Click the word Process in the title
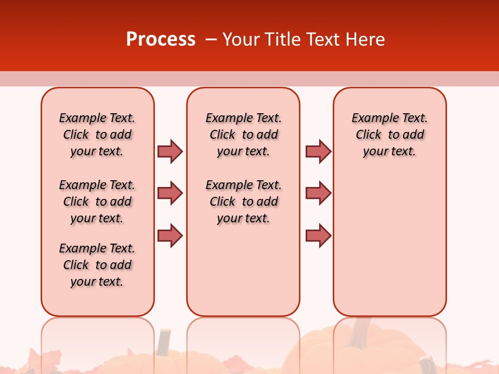pyautogui.click(x=161, y=39)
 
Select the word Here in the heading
pyautogui.click(x=364, y=39)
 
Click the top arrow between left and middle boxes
pyautogui.click(x=170, y=151)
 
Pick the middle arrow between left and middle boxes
pyautogui.click(x=170, y=193)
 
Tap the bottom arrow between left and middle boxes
pyautogui.click(x=170, y=235)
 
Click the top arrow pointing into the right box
pyautogui.click(x=318, y=151)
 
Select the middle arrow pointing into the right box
pyautogui.click(x=318, y=193)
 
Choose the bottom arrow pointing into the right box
pyautogui.click(x=318, y=235)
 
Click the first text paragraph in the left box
pyautogui.click(x=97, y=135)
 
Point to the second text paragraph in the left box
pyautogui.click(x=97, y=202)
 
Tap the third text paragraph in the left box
pyautogui.click(x=97, y=265)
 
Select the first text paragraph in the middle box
pyautogui.click(x=244, y=135)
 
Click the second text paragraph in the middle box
pyautogui.click(x=244, y=202)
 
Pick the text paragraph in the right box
pyautogui.click(x=390, y=135)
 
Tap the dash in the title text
pyautogui.click(x=211, y=39)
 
